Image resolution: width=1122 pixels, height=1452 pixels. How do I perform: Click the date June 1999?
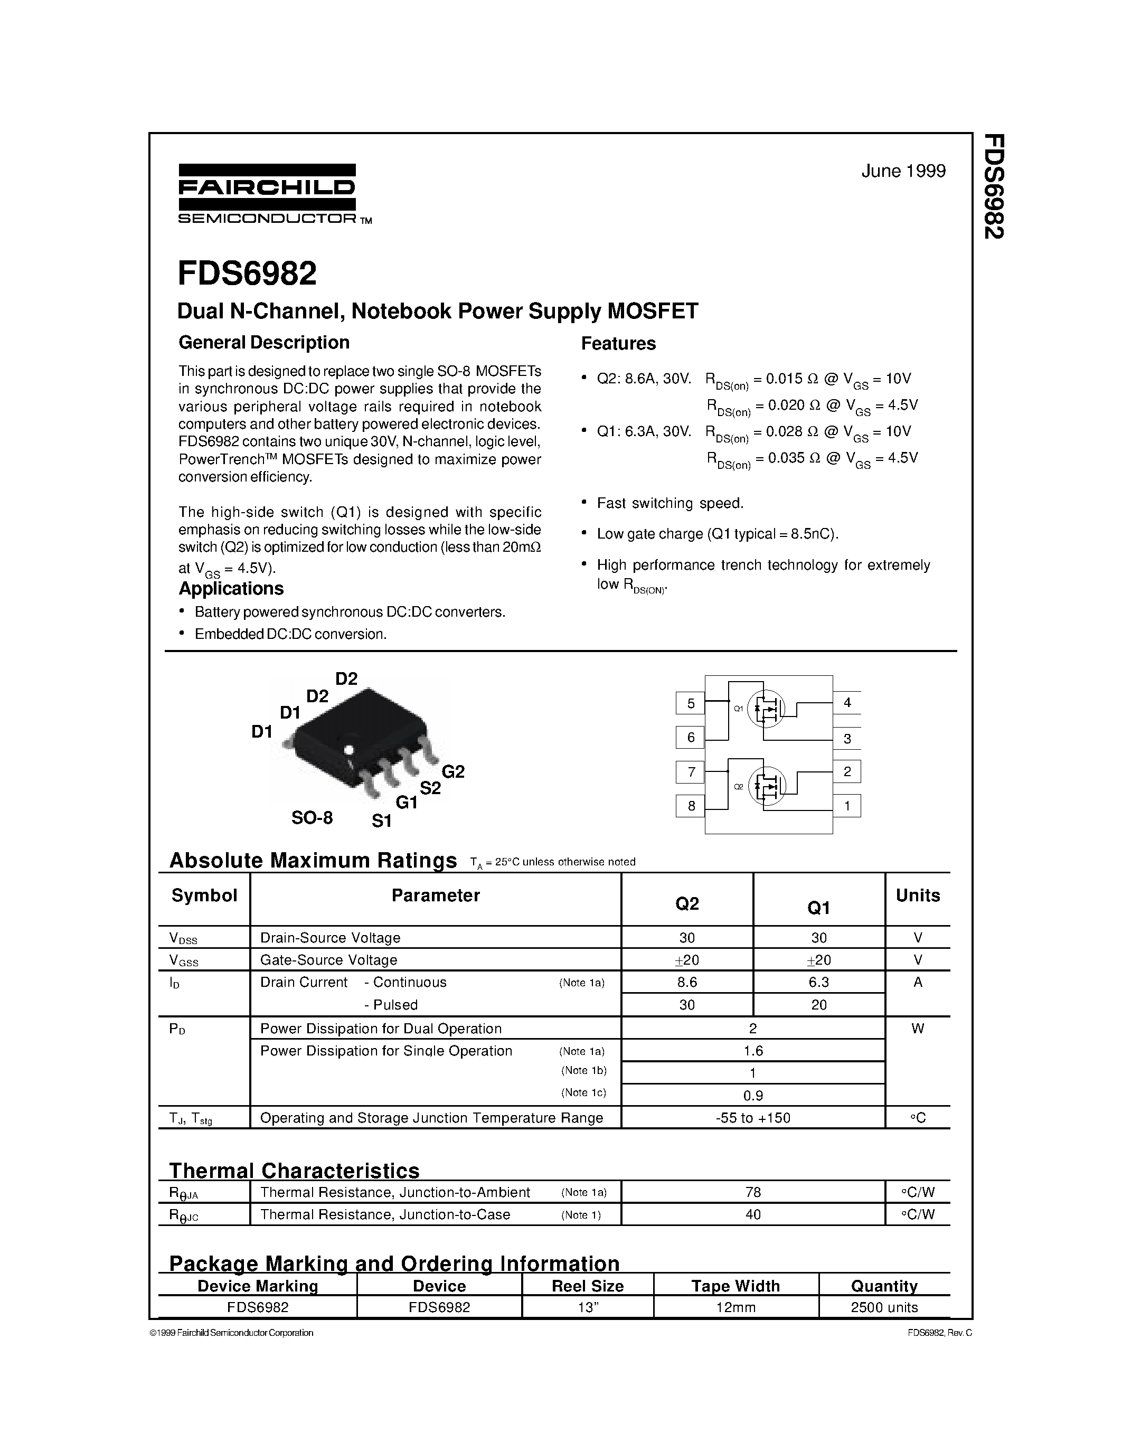[x=903, y=172]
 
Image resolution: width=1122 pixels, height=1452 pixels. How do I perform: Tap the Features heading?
[x=618, y=344]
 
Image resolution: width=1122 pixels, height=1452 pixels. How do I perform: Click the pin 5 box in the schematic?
[x=691, y=703]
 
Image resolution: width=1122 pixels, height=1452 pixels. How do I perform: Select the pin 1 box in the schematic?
[x=847, y=806]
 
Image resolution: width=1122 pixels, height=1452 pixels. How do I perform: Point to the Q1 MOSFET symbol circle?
[x=766, y=710]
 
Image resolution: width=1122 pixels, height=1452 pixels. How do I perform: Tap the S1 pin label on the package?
[x=382, y=822]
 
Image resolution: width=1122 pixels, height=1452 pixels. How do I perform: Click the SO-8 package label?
[x=312, y=818]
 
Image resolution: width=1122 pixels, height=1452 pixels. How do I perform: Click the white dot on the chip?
[x=347, y=749]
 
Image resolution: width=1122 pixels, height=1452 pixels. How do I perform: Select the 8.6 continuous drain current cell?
[x=686, y=983]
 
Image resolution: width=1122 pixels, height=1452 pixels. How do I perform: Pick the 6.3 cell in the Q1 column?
[x=819, y=983]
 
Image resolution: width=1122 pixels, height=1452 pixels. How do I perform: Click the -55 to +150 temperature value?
[x=752, y=1118]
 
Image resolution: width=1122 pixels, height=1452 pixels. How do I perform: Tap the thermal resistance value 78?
[x=752, y=1193]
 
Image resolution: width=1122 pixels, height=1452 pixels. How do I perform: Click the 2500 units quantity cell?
[x=884, y=1308]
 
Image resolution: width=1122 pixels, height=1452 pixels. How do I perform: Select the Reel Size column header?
[x=588, y=1286]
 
